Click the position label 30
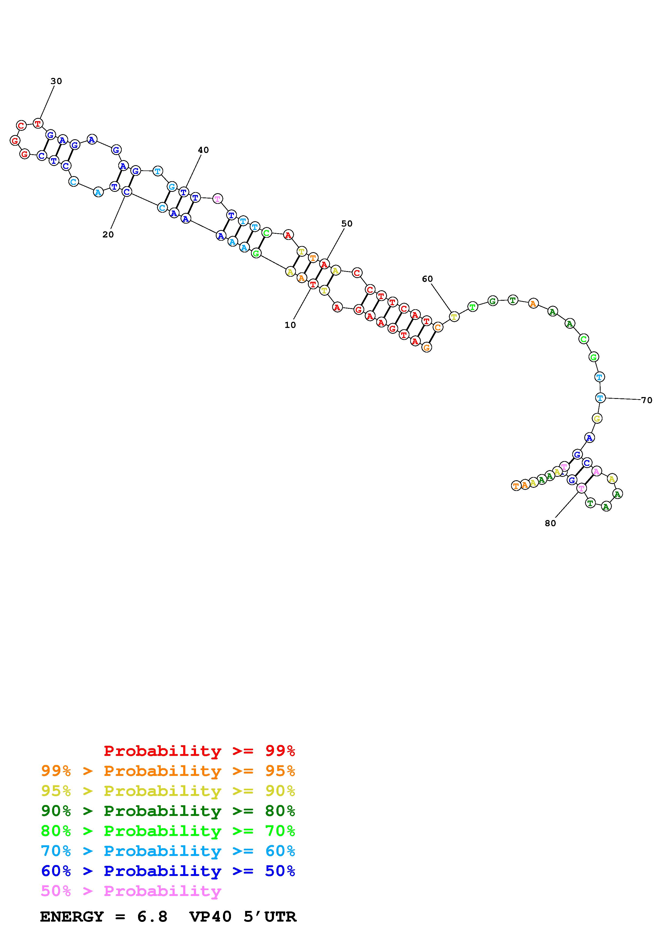click(56, 81)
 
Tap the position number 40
click(203, 150)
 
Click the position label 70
click(647, 400)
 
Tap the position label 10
click(290, 325)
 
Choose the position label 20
click(108, 235)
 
